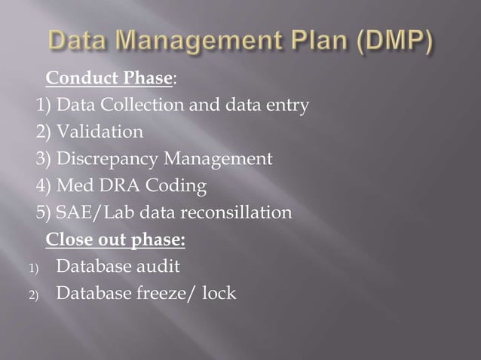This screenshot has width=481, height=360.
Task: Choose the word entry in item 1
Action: click(287, 105)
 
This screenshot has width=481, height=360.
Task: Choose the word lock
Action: click(219, 293)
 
